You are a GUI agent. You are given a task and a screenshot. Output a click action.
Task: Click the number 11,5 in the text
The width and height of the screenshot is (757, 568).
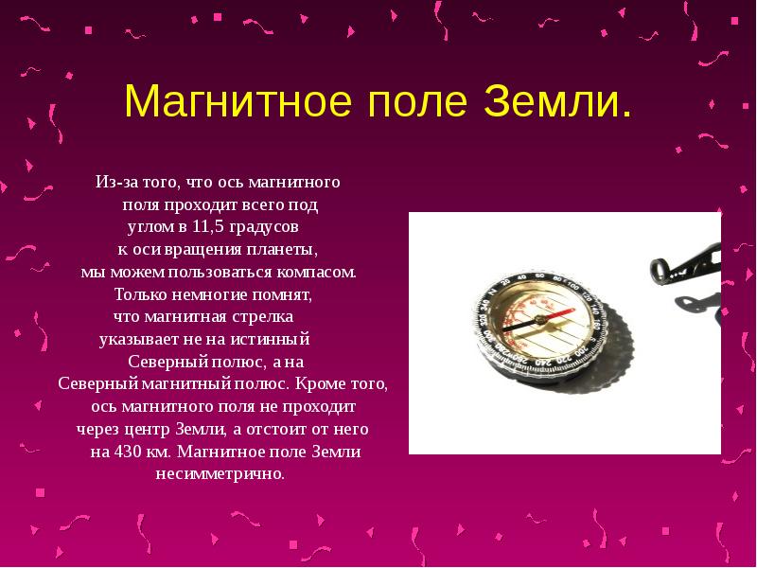click(x=205, y=227)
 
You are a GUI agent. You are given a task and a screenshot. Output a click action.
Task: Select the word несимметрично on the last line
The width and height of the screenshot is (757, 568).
click(x=220, y=473)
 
